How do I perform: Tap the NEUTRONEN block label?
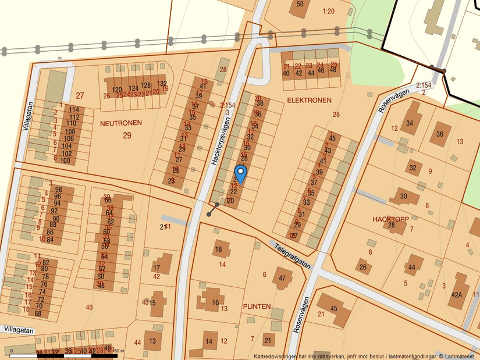coord(121,123)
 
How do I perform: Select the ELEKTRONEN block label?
coord(309,100)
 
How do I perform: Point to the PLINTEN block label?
coord(257,306)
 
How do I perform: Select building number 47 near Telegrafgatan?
coord(283,278)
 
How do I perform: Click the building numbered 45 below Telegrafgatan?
coord(333,308)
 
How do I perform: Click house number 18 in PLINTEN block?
coord(219,250)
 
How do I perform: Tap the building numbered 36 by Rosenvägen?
coord(440,134)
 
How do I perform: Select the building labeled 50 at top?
coord(300,4)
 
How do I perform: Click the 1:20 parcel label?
coord(329,11)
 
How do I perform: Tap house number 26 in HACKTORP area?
coord(362,268)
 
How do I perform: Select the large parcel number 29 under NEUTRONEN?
coord(127,135)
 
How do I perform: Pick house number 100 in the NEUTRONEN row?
coord(65,161)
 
